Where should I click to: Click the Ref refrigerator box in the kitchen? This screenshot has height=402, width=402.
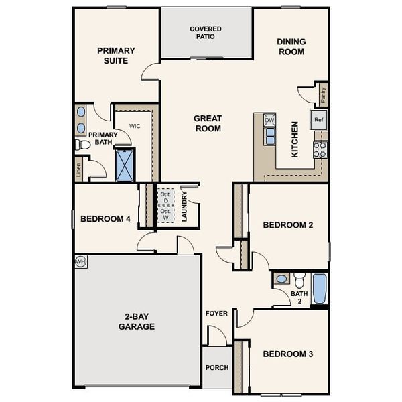click(x=318, y=120)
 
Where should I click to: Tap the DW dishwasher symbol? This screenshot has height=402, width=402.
click(x=269, y=121)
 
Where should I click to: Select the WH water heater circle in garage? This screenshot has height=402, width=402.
click(x=80, y=261)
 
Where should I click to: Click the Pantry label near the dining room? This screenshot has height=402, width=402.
click(x=323, y=94)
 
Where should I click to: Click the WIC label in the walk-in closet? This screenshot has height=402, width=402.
click(x=135, y=125)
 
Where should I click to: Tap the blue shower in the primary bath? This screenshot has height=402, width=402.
click(x=125, y=165)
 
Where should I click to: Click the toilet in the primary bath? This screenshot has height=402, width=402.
click(x=82, y=145)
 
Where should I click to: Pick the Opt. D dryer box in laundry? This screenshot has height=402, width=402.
click(x=165, y=197)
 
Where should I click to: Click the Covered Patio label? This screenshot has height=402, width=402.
click(x=205, y=33)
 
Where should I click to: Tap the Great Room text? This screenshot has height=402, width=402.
click(x=208, y=123)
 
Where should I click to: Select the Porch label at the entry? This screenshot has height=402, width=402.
click(x=216, y=368)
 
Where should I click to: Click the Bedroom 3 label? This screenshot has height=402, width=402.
click(x=287, y=354)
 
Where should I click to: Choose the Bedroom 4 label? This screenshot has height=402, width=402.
click(x=105, y=218)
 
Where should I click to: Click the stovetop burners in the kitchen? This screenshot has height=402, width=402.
click(x=320, y=149)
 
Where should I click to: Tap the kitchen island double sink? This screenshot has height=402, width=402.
click(x=270, y=136)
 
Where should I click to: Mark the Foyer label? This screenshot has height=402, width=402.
click(x=216, y=313)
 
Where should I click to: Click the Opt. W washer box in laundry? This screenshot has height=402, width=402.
click(x=165, y=214)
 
